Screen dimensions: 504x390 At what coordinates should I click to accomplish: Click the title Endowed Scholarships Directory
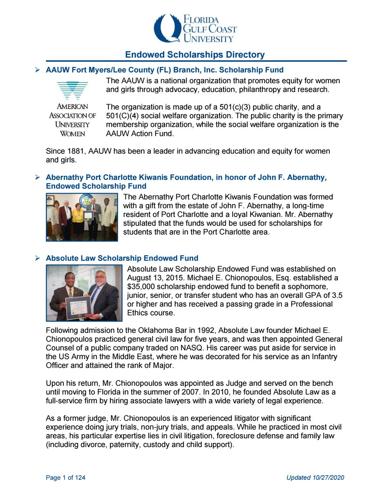point(195,55)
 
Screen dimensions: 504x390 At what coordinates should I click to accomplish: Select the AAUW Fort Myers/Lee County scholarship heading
point(164,70)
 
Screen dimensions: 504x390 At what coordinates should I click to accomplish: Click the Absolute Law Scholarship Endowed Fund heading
point(122,258)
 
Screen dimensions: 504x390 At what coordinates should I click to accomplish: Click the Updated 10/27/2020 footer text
point(315,477)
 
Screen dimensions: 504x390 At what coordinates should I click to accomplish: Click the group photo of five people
point(82,217)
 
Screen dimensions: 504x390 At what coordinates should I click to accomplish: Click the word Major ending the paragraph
point(164,365)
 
